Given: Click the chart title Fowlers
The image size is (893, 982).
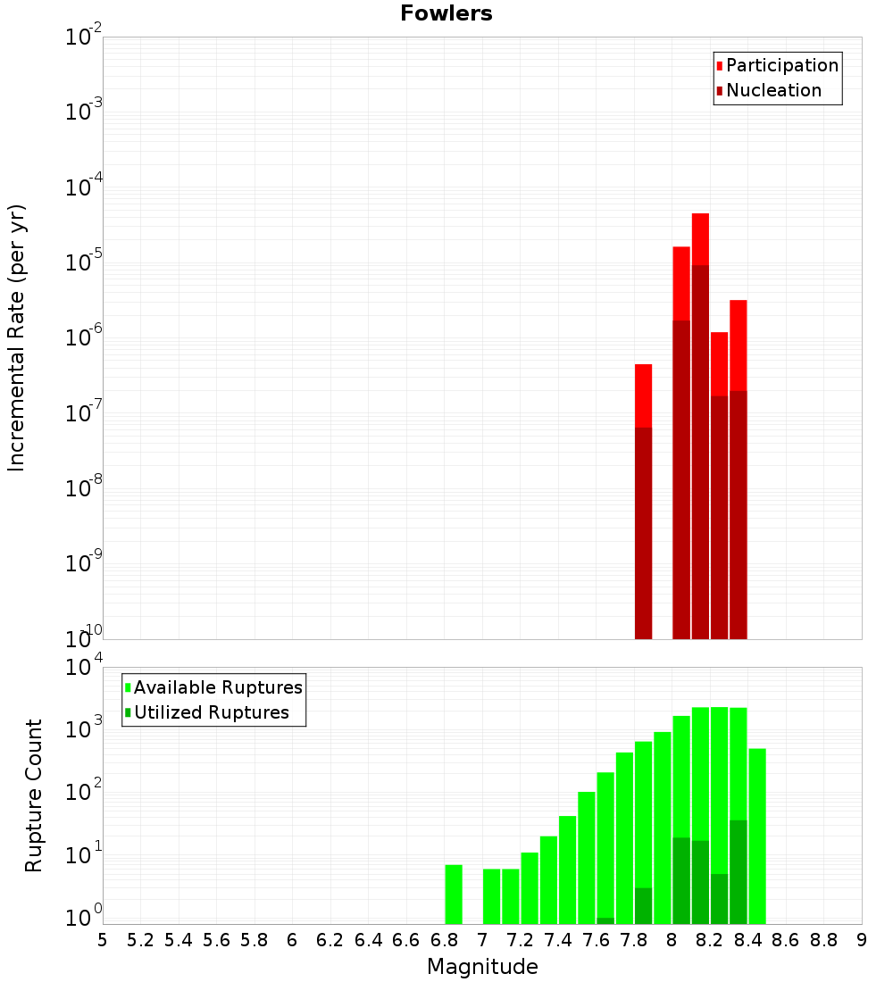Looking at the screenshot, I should (x=446, y=13).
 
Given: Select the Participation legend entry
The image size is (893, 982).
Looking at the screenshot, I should (x=781, y=65).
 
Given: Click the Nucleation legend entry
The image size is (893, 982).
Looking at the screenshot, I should (x=773, y=90).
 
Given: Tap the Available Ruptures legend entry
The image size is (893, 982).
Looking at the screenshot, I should (x=218, y=687).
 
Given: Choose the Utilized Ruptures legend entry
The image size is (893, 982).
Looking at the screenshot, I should (x=211, y=712).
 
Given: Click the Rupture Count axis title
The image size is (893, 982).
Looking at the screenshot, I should (x=34, y=795).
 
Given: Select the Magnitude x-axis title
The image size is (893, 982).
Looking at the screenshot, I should (x=482, y=967).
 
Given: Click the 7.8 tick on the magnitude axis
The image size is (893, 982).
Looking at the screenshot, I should (x=634, y=940).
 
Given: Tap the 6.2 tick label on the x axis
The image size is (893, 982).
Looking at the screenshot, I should (x=330, y=940).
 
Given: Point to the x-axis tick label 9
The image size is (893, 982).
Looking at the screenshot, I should (x=862, y=940).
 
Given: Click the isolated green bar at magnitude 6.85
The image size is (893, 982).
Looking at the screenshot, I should (x=454, y=894).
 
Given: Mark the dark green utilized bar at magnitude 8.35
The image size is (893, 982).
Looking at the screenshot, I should (x=738, y=871).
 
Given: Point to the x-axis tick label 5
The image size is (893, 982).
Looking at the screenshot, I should (x=103, y=940).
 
